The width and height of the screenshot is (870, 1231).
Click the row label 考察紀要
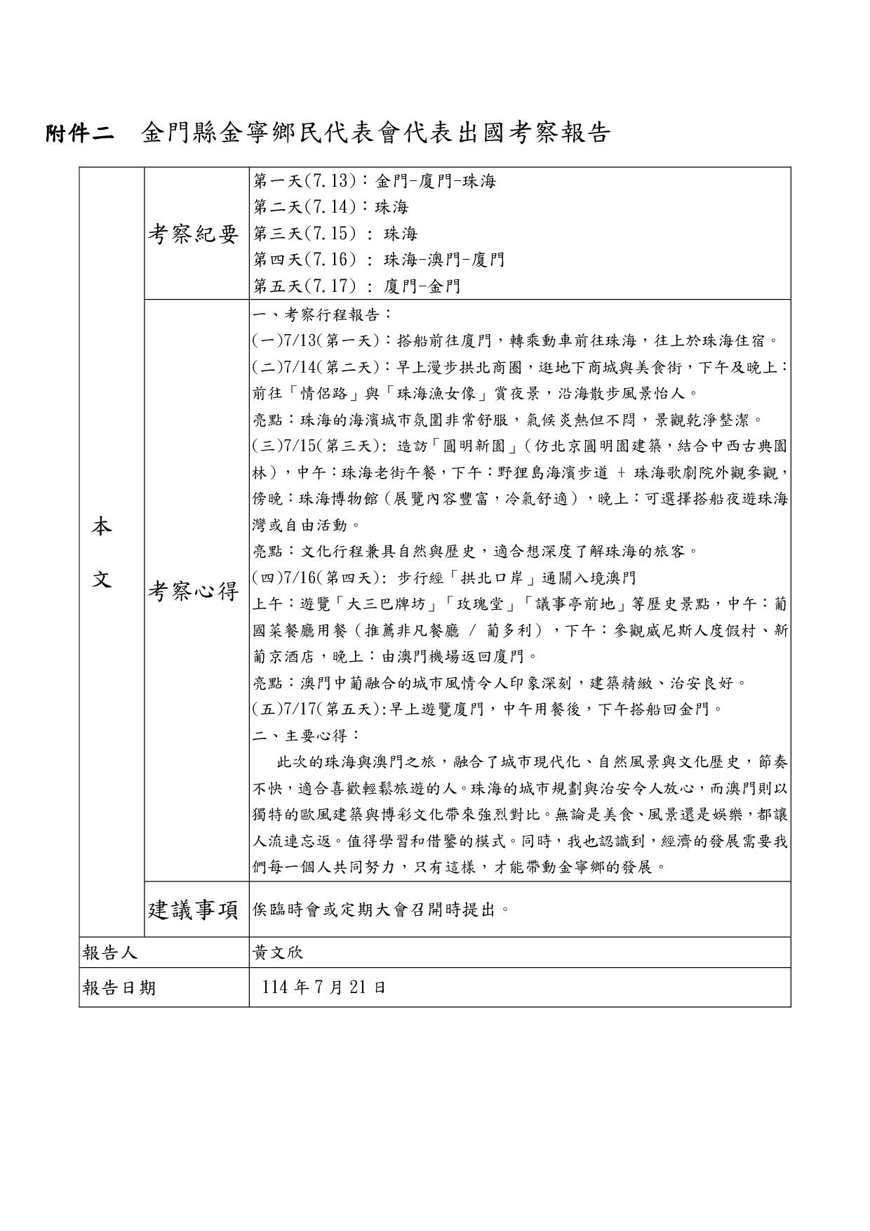[x=194, y=234]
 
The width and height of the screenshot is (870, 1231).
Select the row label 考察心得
[x=194, y=592]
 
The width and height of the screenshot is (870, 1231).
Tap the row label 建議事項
[x=194, y=910]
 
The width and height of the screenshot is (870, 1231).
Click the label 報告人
[x=110, y=953]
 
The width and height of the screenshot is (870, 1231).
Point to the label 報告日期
[x=119, y=988]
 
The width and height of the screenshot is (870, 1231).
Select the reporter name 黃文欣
[x=278, y=953]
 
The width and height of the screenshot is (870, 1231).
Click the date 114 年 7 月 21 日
[x=323, y=988]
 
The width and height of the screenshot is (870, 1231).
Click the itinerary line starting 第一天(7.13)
[x=375, y=181]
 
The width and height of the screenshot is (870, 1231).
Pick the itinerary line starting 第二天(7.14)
[x=330, y=208]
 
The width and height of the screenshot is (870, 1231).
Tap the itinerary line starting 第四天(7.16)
[x=379, y=260]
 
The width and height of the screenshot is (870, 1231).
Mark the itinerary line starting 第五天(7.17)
[x=357, y=286]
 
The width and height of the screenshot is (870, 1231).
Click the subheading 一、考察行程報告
[x=322, y=314]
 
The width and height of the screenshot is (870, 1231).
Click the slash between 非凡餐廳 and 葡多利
[x=473, y=630]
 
